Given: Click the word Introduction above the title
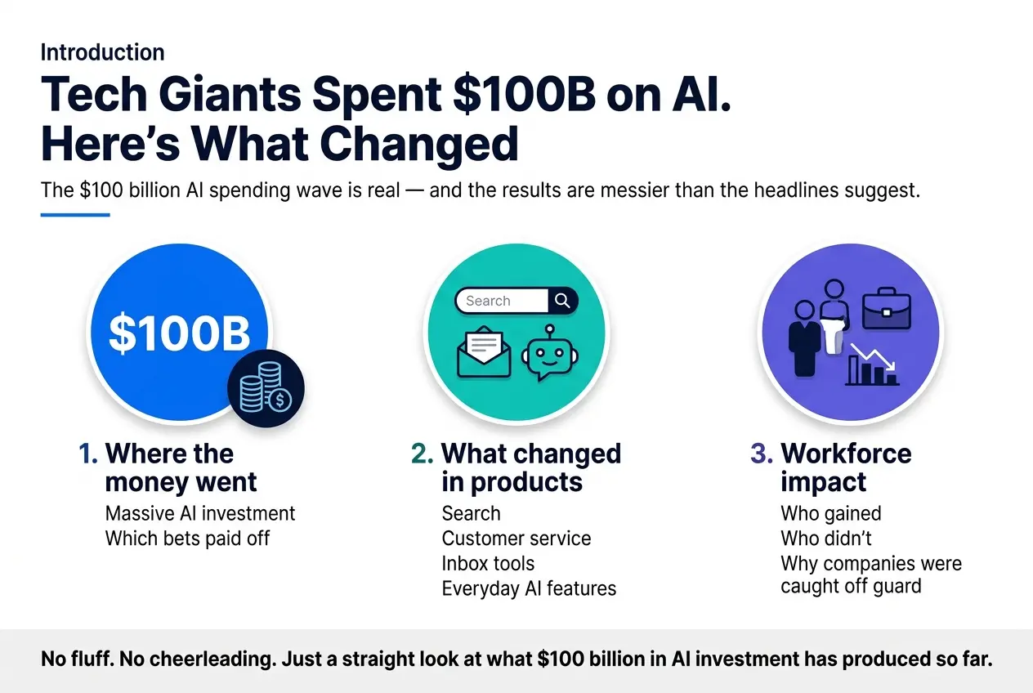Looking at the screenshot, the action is point(102,52).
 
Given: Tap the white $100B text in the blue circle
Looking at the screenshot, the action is point(180,333).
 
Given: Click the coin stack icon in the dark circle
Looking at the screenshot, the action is point(266,387).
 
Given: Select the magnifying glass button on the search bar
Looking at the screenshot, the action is point(562,301).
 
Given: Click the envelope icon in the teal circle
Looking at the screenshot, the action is point(484,351).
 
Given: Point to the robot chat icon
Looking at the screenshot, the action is point(549,353).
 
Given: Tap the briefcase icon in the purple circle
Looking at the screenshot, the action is point(887,308).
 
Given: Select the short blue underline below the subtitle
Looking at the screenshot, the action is point(75,215).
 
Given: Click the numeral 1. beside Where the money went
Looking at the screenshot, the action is point(88,454).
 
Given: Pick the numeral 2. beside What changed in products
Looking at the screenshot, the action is point(422,454).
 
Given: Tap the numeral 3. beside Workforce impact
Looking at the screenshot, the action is point(762,454).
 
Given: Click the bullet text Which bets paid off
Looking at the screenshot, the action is point(187,539).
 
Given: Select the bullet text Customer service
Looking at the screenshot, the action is point(516,539).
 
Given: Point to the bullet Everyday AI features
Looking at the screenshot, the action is point(529,588).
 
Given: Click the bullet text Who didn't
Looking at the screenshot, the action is point(826,539).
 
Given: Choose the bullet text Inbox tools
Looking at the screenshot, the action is point(488,563).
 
